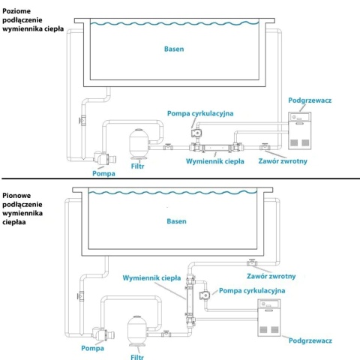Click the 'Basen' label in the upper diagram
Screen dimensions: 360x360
point(174,49)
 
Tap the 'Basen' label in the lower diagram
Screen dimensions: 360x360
point(176,221)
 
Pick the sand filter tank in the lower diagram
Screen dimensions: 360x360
point(137,331)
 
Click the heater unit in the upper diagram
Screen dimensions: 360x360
point(300,130)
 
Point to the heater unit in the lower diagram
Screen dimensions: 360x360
point(269,318)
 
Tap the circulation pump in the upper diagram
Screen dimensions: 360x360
point(196,133)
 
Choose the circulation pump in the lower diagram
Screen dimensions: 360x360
point(205,295)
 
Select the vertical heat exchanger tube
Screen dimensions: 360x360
point(190,301)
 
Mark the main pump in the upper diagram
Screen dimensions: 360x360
point(104,158)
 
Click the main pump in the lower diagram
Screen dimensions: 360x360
point(103,334)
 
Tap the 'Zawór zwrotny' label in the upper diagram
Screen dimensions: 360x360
point(283,161)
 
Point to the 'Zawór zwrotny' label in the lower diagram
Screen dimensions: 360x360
point(271,276)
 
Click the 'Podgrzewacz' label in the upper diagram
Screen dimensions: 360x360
point(310,100)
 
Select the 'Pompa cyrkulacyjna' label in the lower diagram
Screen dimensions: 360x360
point(252,291)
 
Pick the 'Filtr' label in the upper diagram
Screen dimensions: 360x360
point(137,166)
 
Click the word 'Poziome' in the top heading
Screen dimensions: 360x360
point(16,11)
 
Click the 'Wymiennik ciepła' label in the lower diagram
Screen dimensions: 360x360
point(151,278)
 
